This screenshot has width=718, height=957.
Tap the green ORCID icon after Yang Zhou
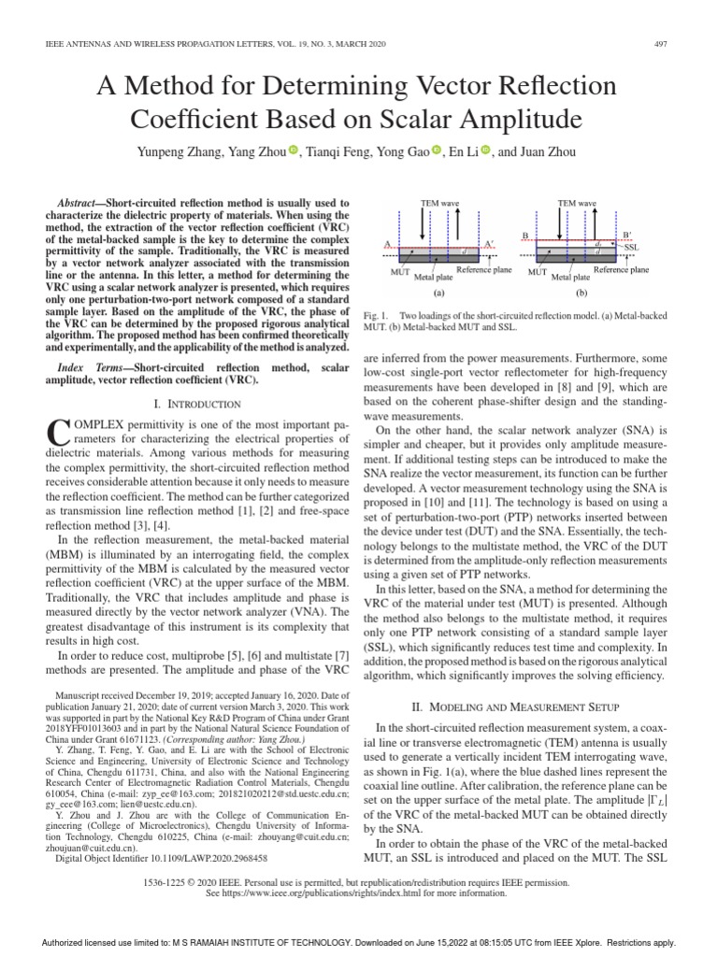(292, 151)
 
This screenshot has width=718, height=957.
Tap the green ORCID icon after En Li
(485, 151)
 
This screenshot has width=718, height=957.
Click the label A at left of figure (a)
(386, 244)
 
